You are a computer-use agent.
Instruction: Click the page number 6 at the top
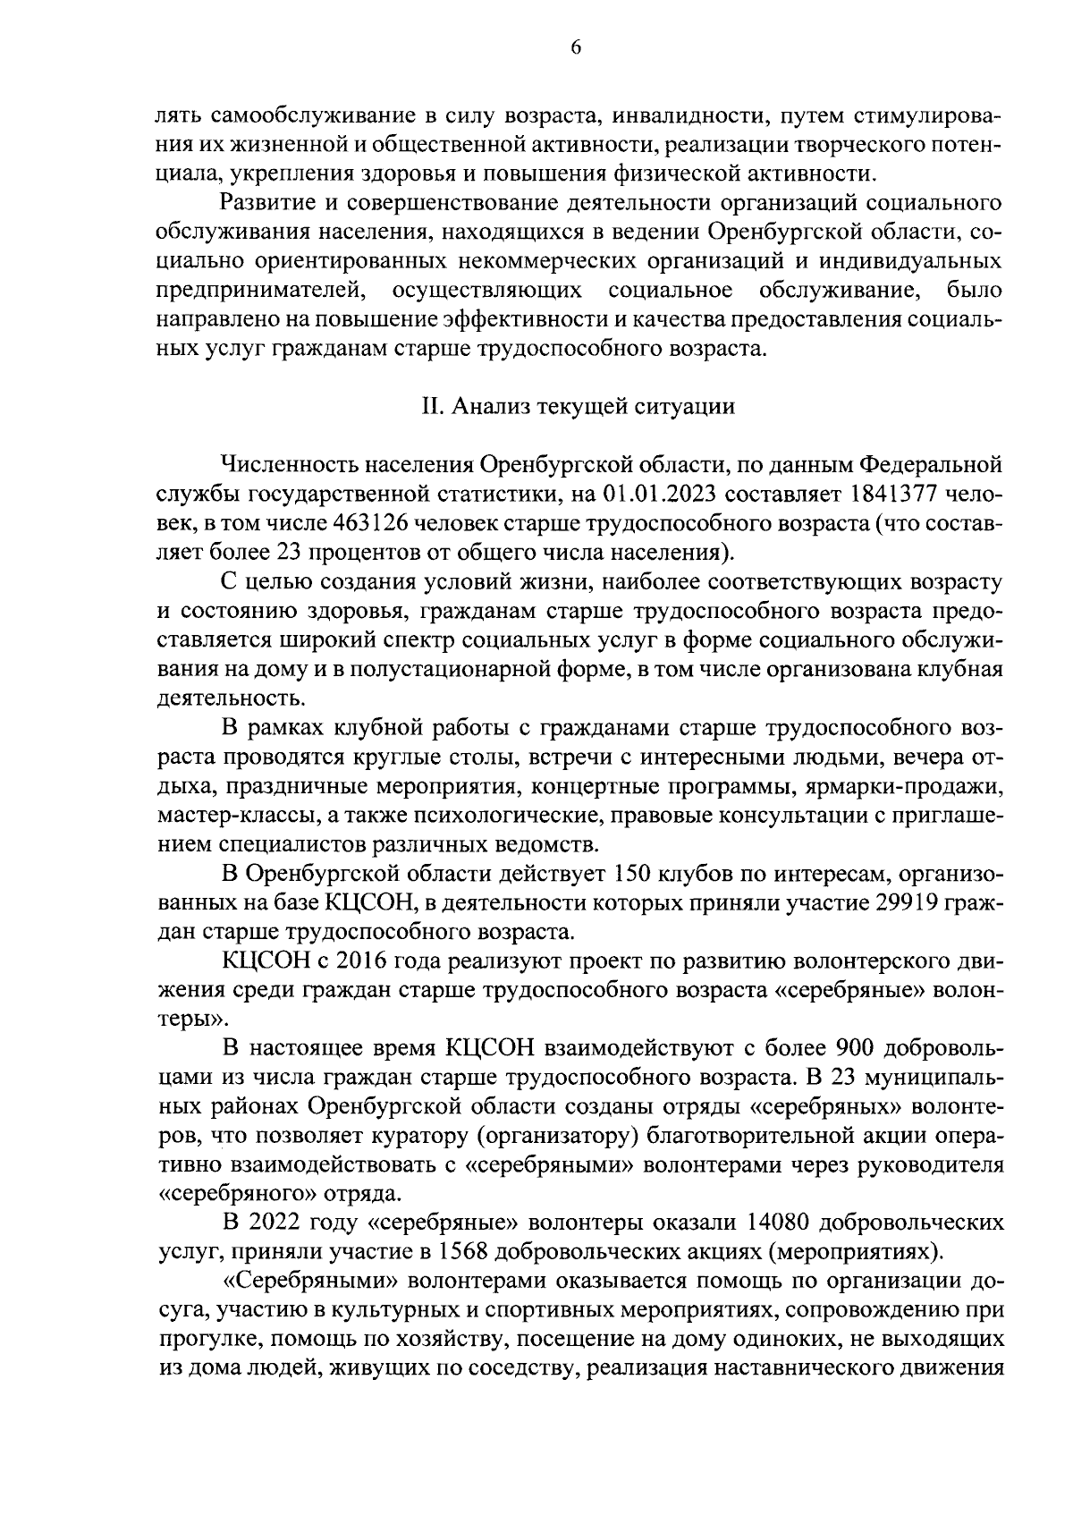pos(576,48)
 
